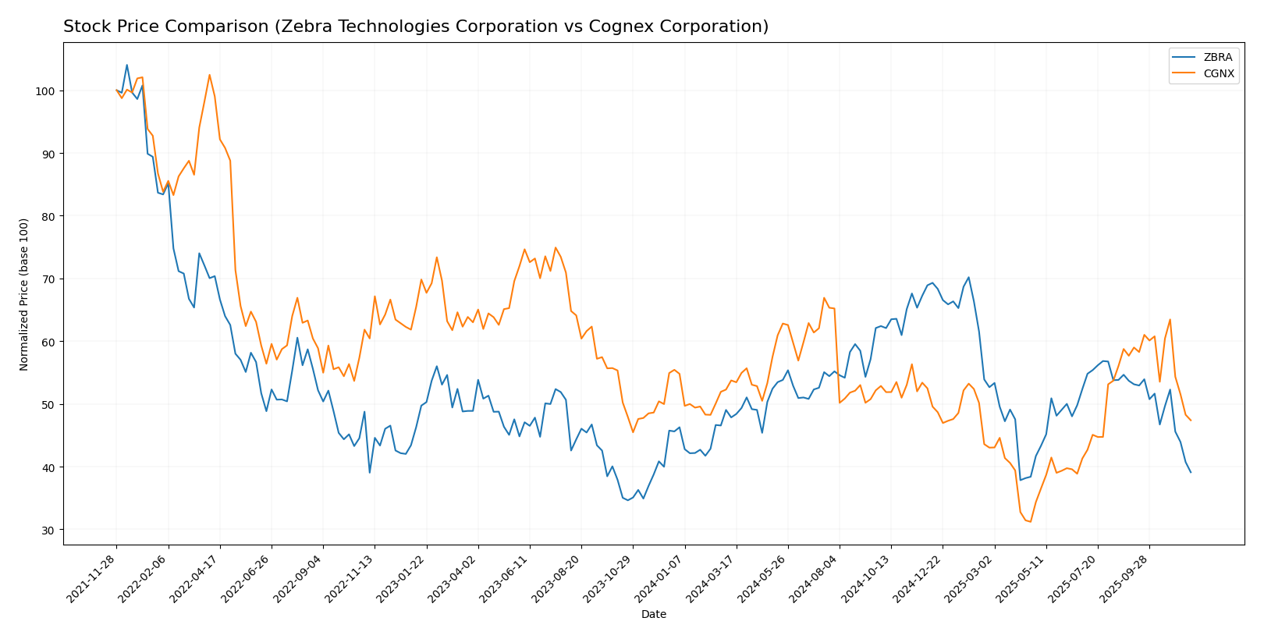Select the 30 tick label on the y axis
(x=48, y=531)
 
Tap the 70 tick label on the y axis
(x=48, y=279)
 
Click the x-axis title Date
(x=653, y=615)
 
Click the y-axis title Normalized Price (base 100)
(x=24, y=294)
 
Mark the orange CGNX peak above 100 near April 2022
(x=209, y=75)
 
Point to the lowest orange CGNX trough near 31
(x=1031, y=522)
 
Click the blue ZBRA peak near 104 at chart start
(x=127, y=66)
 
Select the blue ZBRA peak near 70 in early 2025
(x=968, y=277)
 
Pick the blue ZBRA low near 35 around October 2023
(x=628, y=500)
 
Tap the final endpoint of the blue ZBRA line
(x=1191, y=472)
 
